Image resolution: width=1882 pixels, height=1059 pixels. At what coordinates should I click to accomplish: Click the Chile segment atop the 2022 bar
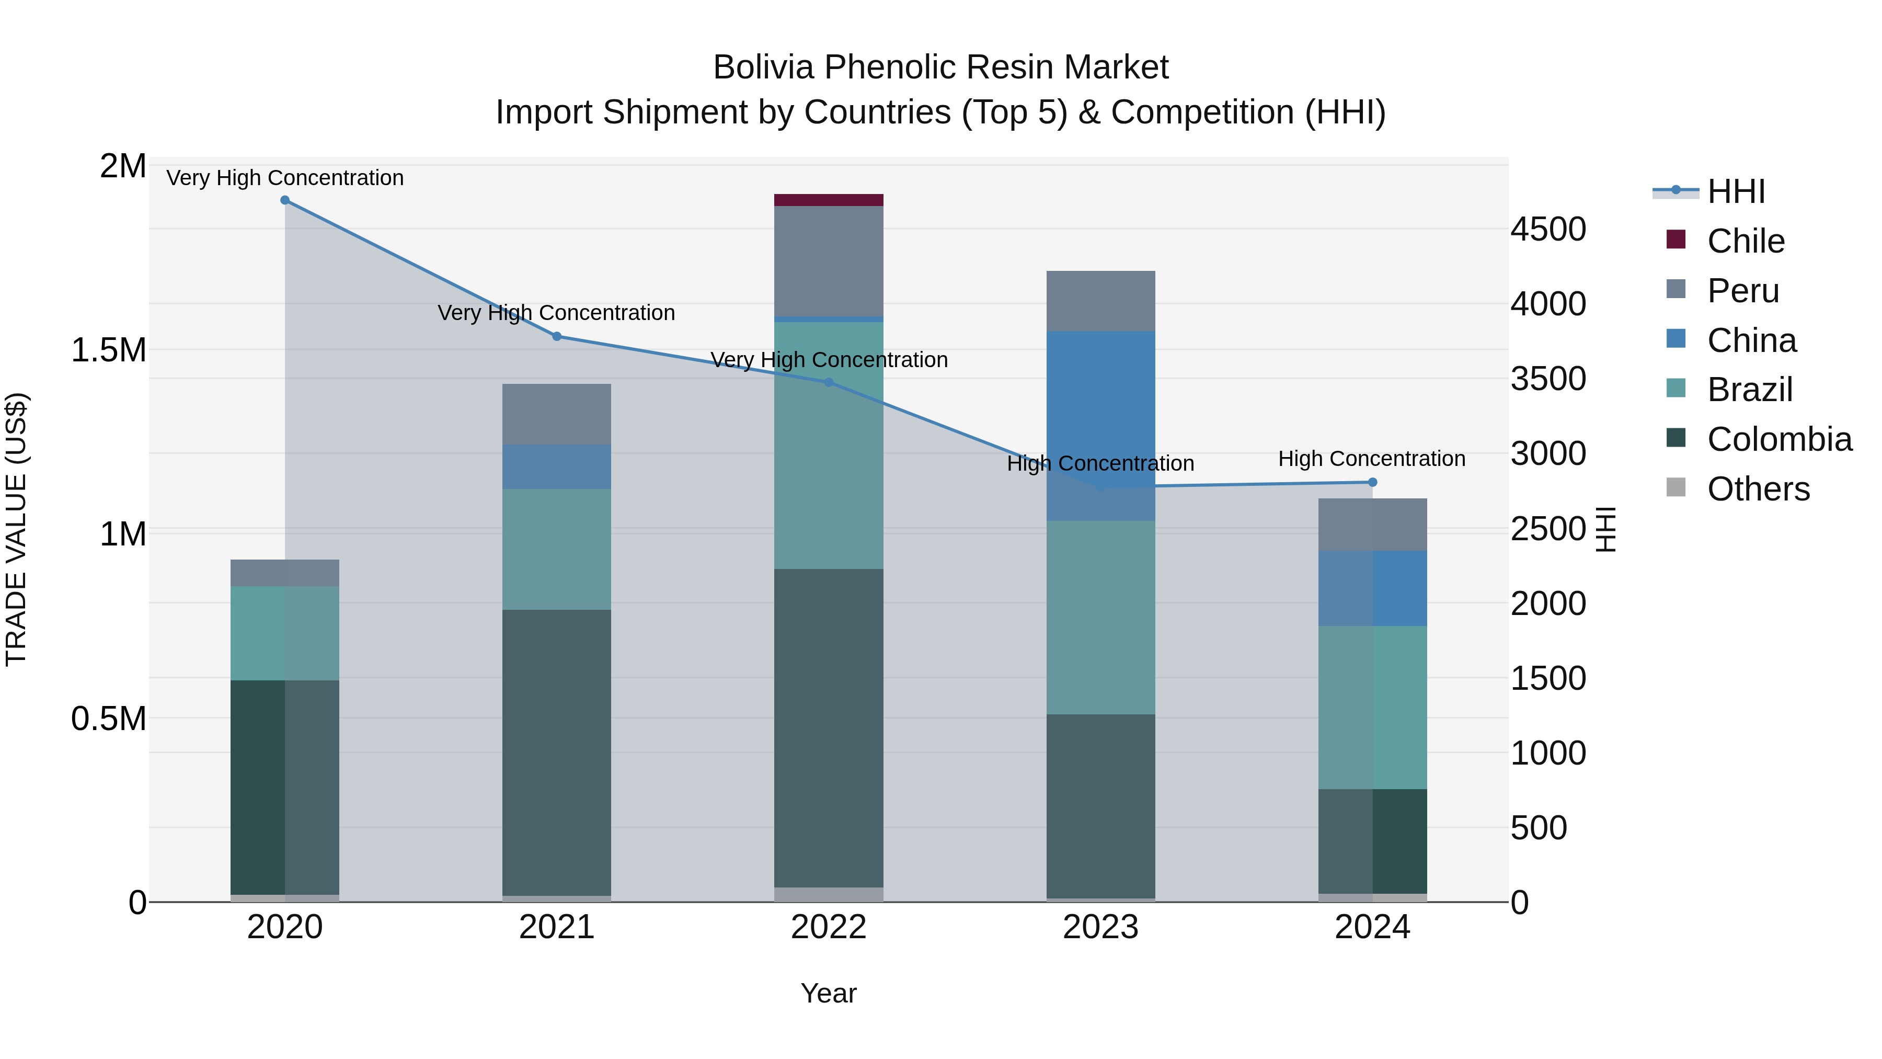tap(829, 200)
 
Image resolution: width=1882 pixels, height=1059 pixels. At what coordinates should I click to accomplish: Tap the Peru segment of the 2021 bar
tap(557, 414)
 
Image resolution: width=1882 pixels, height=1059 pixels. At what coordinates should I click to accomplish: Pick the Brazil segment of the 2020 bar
tap(285, 633)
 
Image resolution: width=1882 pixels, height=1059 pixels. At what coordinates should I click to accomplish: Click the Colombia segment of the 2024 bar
tap(1372, 840)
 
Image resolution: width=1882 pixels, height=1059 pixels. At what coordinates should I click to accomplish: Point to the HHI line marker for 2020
tap(285, 200)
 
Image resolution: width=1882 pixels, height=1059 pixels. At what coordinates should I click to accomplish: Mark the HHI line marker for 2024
tap(1372, 482)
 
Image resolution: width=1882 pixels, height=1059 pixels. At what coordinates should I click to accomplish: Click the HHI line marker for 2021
tap(557, 336)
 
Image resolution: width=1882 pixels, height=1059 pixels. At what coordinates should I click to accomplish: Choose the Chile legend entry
tap(1746, 241)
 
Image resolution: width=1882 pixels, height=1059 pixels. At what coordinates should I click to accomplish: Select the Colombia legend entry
tap(1779, 439)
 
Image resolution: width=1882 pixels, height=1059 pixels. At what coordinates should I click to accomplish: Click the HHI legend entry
tap(1736, 191)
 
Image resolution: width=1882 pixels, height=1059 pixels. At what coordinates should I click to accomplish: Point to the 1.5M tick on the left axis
tap(109, 350)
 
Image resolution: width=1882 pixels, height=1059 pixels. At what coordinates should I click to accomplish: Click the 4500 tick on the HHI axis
tap(1548, 230)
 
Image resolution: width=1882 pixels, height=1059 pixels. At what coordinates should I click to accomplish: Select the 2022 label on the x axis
tap(829, 927)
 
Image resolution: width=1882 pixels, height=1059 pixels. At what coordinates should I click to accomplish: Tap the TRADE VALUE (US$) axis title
tap(16, 529)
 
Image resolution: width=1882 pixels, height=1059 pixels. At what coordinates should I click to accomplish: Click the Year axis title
tap(829, 993)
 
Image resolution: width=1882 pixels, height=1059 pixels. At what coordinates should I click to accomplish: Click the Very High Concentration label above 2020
tap(285, 178)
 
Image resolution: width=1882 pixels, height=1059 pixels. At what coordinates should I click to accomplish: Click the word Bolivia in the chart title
tap(763, 67)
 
